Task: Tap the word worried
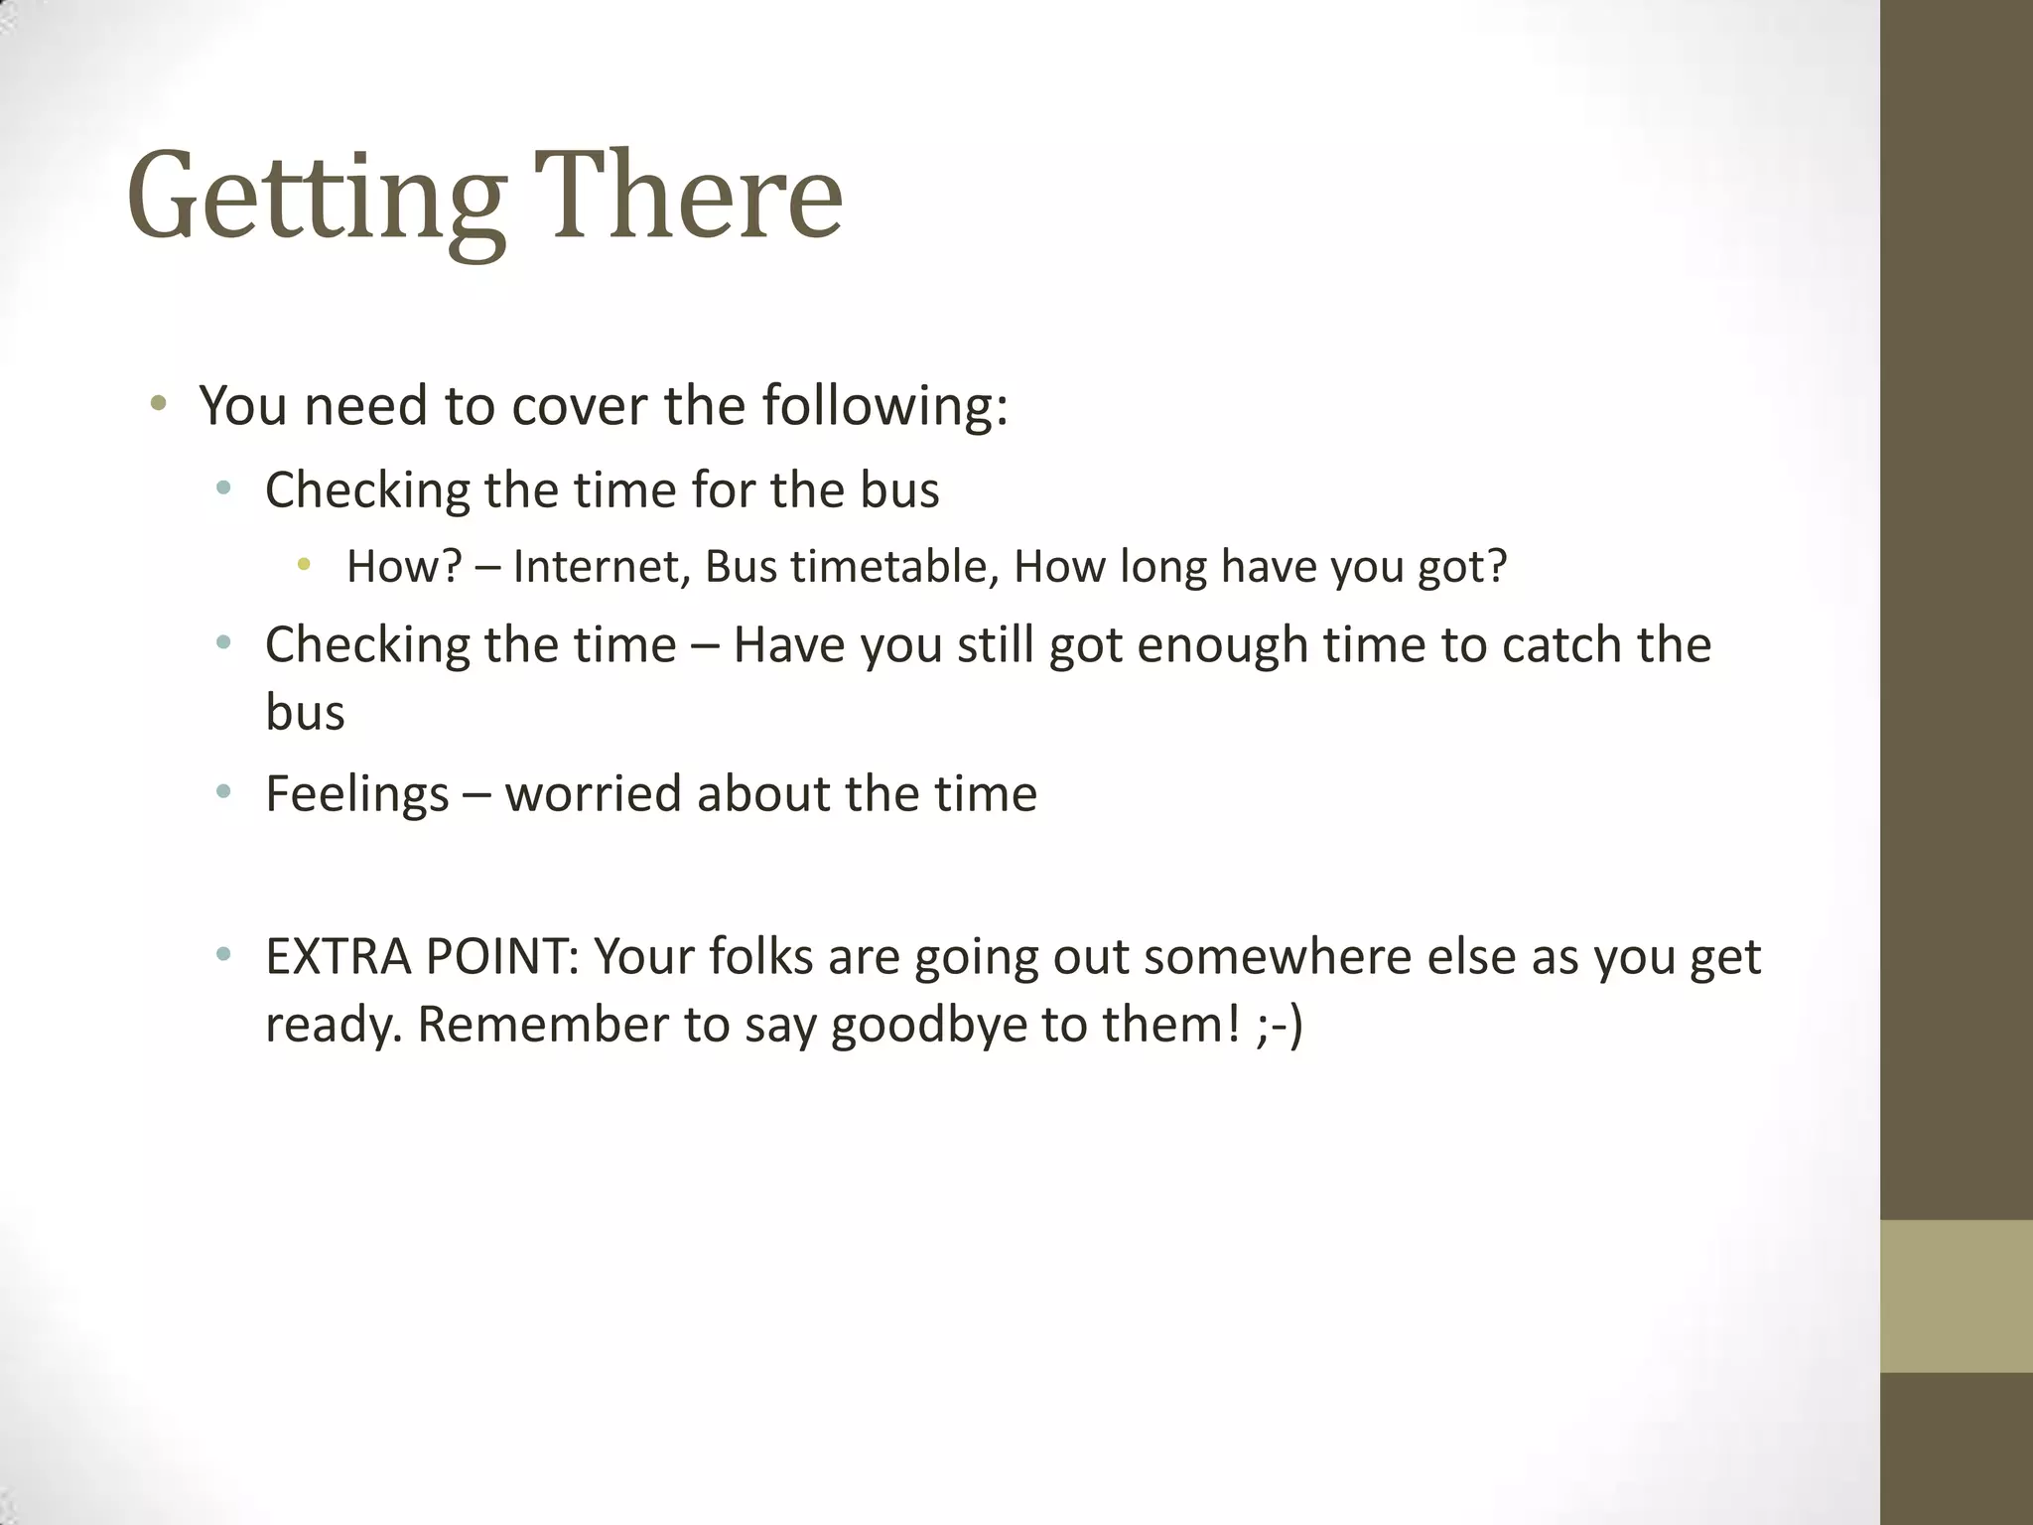(x=593, y=794)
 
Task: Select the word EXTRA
(x=339, y=957)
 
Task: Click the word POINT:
(x=501, y=957)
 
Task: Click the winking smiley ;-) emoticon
(x=1279, y=1026)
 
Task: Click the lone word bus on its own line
(x=305, y=713)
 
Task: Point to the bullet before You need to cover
(x=158, y=404)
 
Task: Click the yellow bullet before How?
(x=303, y=565)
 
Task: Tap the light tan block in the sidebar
(x=1956, y=1296)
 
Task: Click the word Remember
(x=542, y=1026)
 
